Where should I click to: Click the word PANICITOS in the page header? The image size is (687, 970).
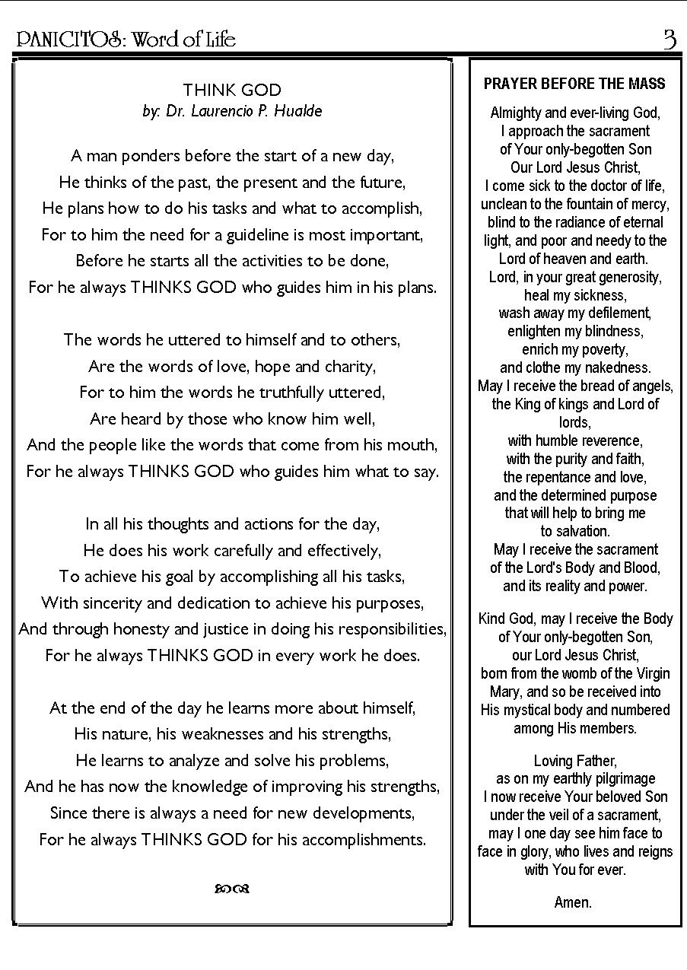coord(68,40)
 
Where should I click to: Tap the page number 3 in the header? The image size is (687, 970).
coord(670,39)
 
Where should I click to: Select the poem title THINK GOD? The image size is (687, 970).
coord(232,90)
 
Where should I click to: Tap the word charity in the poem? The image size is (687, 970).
coord(349,367)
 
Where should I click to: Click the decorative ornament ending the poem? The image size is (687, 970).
coord(232,888)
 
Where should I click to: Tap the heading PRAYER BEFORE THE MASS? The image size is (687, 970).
coord(574,84)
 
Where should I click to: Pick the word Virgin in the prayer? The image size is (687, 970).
coord(649,673)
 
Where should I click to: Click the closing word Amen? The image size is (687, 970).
coord(573,902)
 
